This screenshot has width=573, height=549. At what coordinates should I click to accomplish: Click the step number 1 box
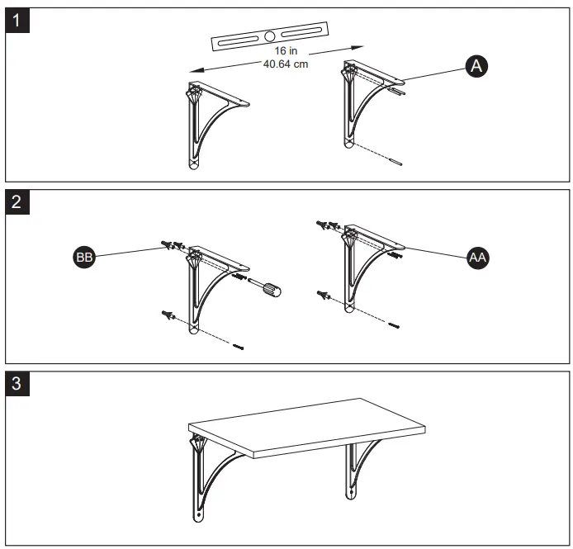tap(20, 20)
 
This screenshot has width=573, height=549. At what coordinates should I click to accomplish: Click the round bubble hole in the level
tap(270, 36)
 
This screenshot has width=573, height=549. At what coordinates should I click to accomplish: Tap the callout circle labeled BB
tap(84, 258)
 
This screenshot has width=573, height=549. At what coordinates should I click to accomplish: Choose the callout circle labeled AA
tap(476, 258)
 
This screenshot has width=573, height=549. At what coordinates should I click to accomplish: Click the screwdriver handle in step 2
tap(270, 289)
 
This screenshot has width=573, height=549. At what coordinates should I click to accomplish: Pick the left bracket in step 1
tap(211, 124)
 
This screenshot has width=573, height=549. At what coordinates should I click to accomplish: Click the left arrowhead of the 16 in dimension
tap(186, 72)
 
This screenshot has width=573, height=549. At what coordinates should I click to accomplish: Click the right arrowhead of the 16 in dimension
tap(361, 46)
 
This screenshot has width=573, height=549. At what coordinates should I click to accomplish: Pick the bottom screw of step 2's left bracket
tap(239, 346)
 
